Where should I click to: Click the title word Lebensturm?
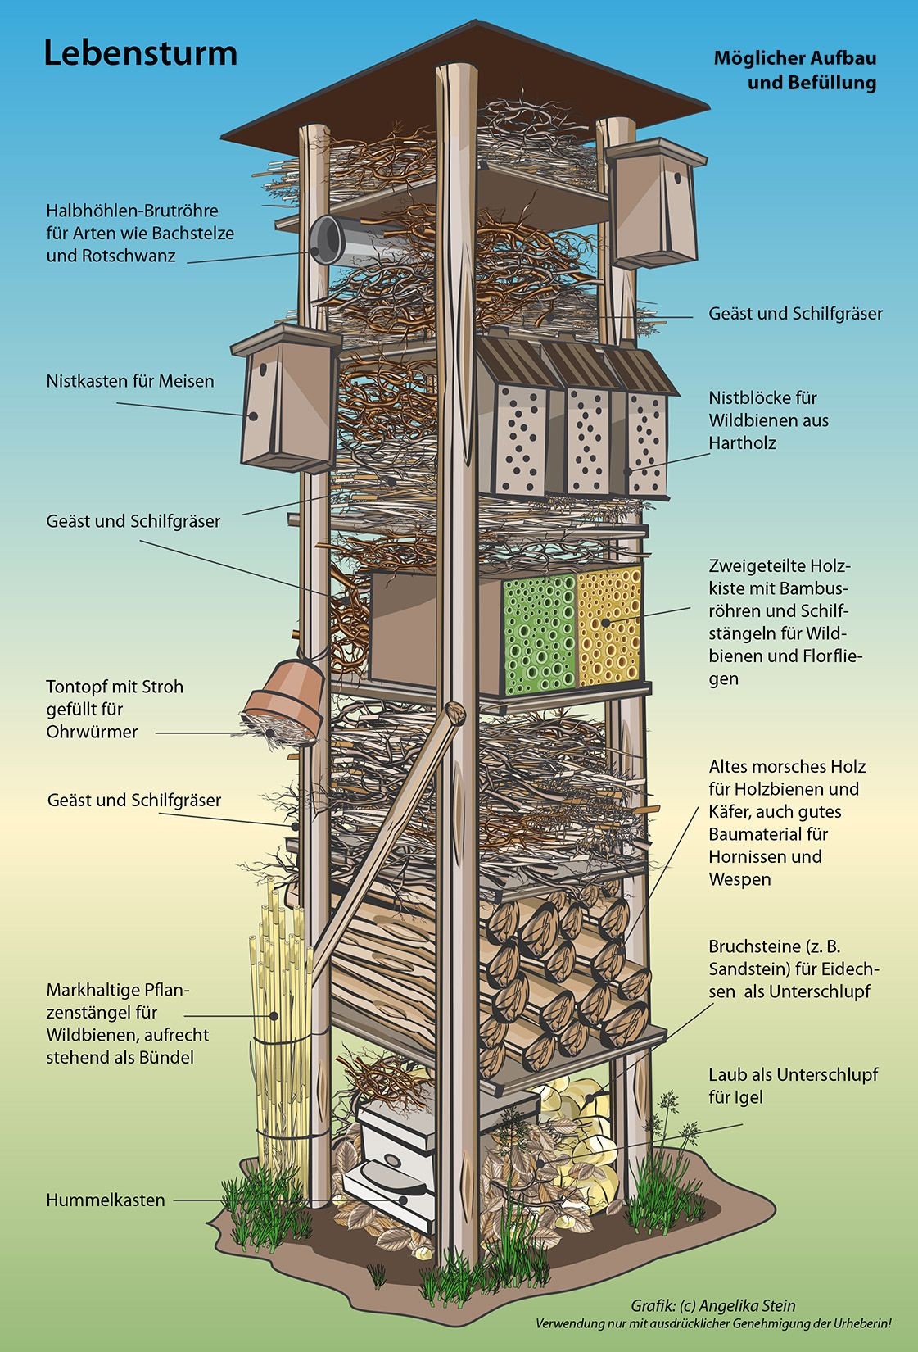(x=140, y=54)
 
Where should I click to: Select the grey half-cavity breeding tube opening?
(x=328, y=239)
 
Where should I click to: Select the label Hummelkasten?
(x=106, y=1200)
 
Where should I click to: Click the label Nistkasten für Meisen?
(x=130, y=381)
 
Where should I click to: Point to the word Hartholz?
(x=743, y=442)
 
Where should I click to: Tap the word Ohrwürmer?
(x=92, y=731)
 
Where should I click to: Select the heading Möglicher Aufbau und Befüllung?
(x=794, y=70)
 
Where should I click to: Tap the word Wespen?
(x=740, y=879)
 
